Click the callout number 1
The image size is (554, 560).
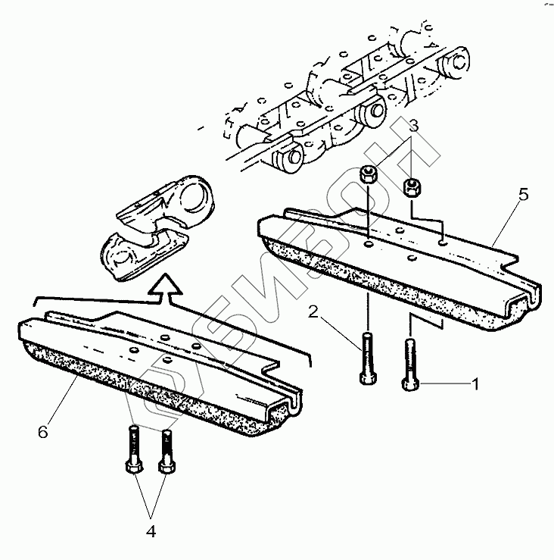475,384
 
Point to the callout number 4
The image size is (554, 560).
150,531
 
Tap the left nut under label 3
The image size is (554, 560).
368,176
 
